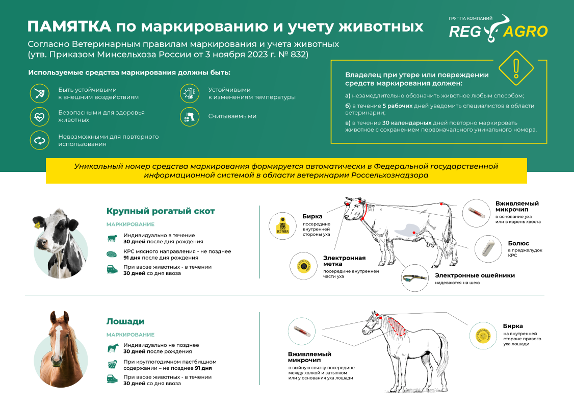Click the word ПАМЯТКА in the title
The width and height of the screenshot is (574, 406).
point(68,27)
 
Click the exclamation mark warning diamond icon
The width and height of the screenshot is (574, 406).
point(515,67)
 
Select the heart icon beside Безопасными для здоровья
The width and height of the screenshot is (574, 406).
point(39,116)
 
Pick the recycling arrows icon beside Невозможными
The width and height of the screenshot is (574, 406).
point(39,140)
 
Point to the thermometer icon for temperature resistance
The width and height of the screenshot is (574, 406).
point(189,93)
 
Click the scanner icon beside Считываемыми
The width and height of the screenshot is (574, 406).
point(189,117)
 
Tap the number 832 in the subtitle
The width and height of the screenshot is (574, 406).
point(300,54)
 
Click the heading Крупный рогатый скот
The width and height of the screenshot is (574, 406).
point(161,211)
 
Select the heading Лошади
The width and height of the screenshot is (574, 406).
point(125,321)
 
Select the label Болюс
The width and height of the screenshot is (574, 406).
point(518,243)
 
